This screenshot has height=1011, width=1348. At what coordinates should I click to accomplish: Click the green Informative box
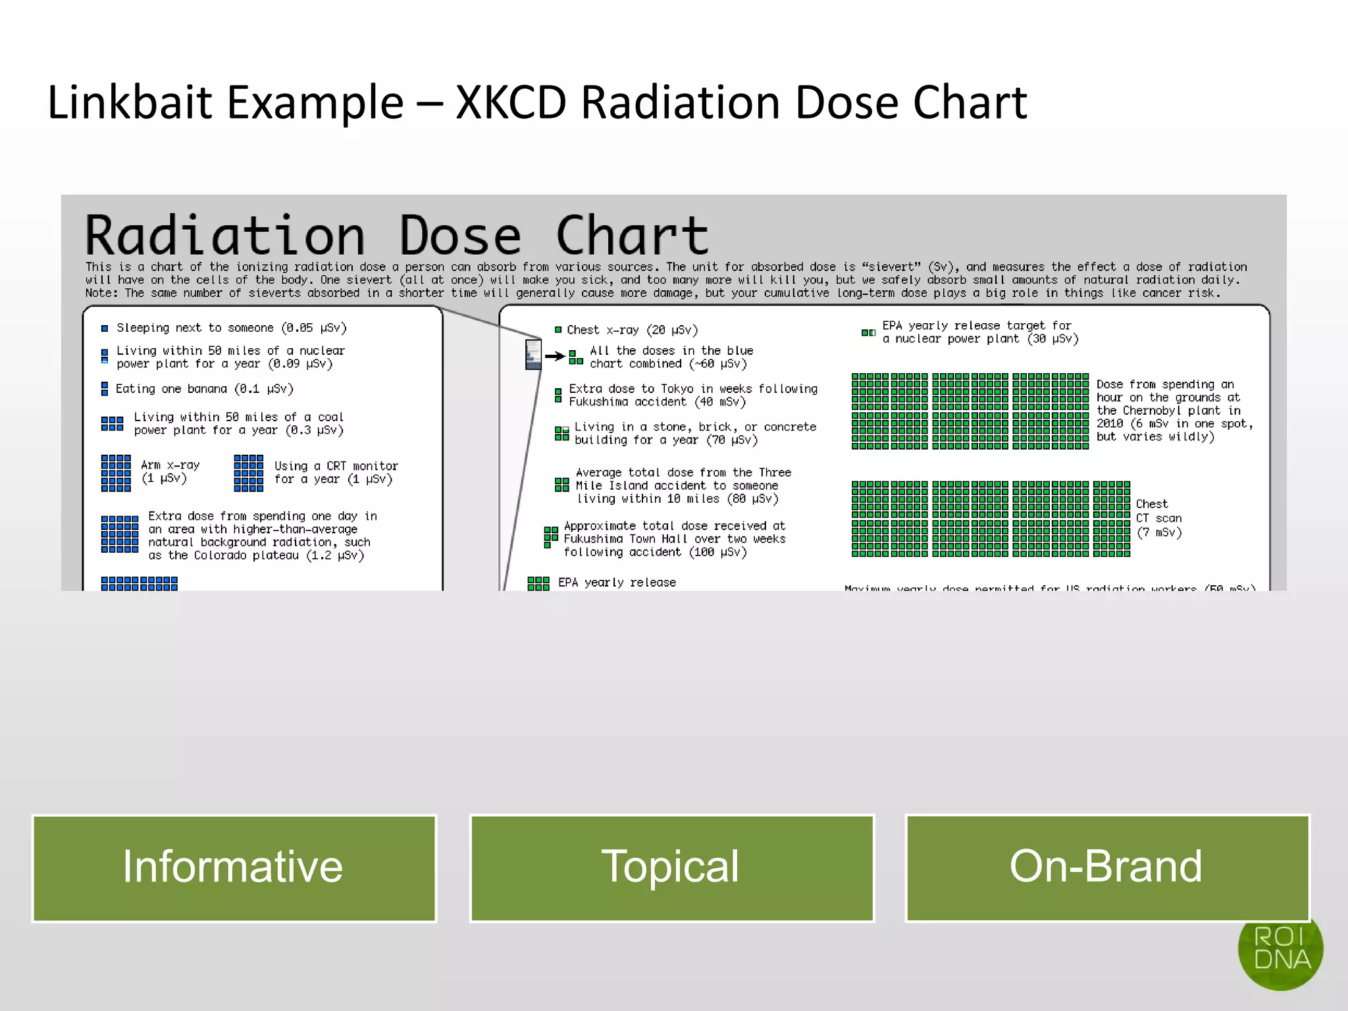(x=234, y=868)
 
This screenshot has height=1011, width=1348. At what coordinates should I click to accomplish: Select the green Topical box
(x=671, y=868)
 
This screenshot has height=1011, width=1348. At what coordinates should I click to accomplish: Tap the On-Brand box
(x=1107, y=868)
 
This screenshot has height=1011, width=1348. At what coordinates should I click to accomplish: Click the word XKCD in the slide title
(x=510, y=103)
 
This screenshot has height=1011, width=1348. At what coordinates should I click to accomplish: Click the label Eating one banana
(x=204, y=389)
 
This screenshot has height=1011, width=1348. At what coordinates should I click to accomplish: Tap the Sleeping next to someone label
(x=231, y=328)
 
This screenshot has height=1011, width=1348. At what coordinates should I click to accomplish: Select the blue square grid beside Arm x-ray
(x=116, y=473)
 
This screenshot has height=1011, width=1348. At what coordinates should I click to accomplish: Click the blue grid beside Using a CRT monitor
(x=248, y=473)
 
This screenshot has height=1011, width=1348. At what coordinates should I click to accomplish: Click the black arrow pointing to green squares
(x=555, y=356)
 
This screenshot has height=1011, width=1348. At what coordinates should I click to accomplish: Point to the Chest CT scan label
(x=1158, y=518)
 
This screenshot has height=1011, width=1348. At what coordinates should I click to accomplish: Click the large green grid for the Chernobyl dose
(x=970, y=411)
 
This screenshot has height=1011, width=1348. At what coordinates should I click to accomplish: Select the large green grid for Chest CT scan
(x=990, y=519)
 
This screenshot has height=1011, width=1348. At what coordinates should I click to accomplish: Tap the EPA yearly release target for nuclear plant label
(x=979, y=332)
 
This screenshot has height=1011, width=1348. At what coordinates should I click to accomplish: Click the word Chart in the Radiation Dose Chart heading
(x=632, y=236)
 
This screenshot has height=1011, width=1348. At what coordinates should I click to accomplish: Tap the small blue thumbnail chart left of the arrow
(x=533, y=354)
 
